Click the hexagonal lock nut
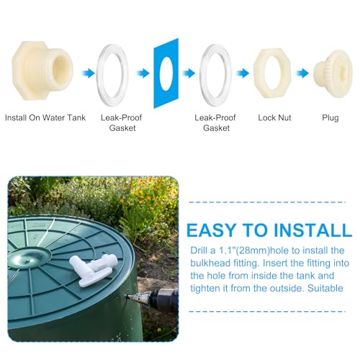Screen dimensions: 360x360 pyautogui.click(x=274, y=73)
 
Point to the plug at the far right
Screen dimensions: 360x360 pyautogui.click(x=331, y=73)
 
